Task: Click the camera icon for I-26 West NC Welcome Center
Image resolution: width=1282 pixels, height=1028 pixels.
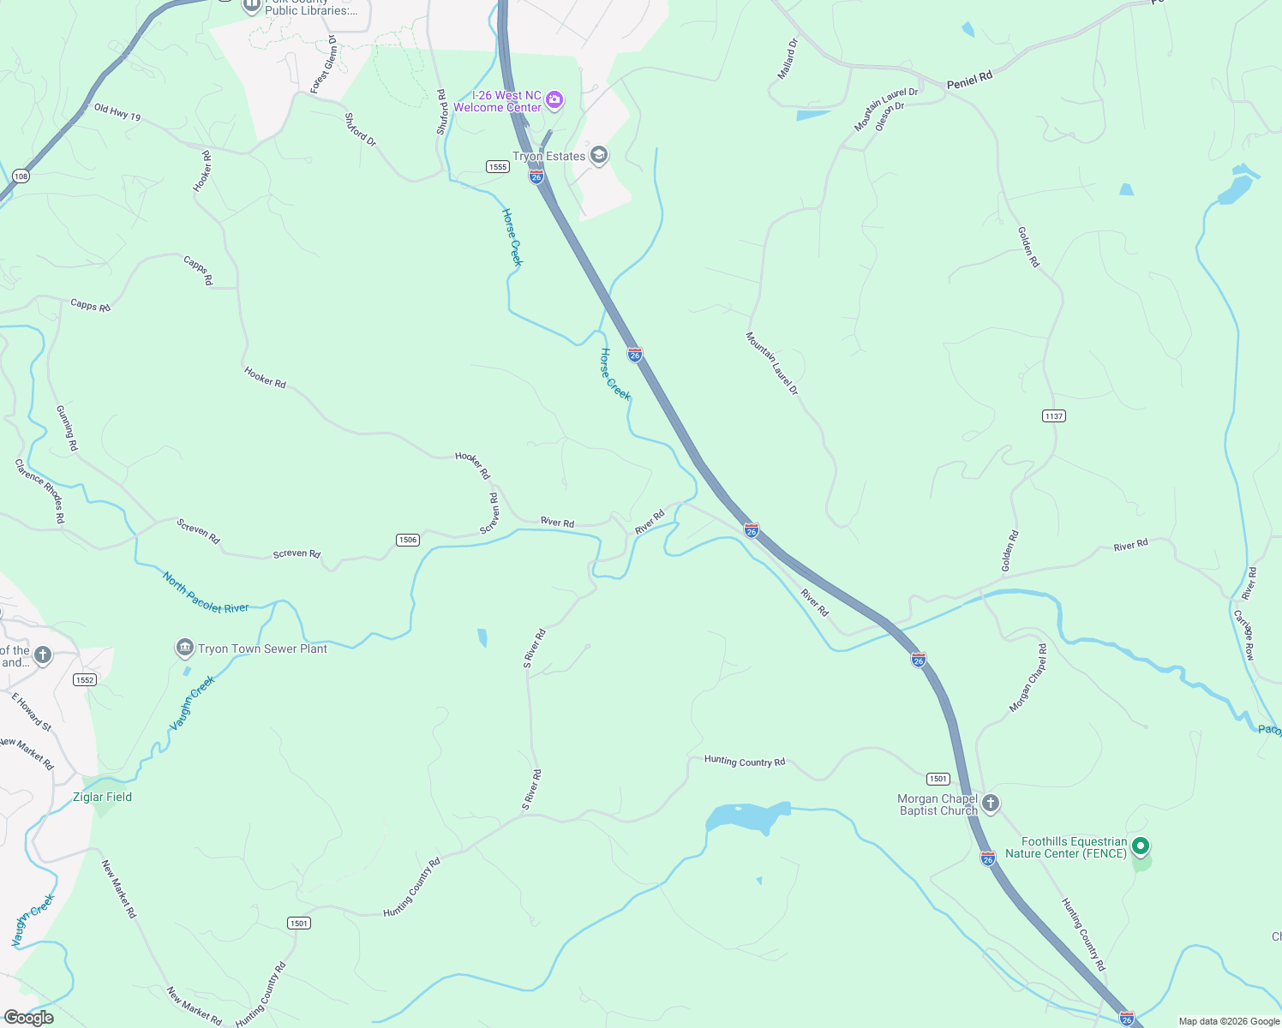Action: pyautogui.click(x=554, y=100)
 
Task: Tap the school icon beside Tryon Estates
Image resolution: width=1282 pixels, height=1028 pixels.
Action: pyautogui.click(x=599, y=155)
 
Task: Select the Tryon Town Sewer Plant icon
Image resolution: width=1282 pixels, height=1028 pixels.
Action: pyautogui.click(x=184, y=648)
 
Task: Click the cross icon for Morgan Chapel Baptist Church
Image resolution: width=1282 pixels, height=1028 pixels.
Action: pyautogui.click(x=991, y=804)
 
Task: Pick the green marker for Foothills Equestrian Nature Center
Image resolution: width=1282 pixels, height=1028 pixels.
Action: pyautogui.click(x=1140, y=846)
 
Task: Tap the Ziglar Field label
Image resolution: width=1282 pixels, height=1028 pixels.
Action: pyautogui.click(x=102, y=797)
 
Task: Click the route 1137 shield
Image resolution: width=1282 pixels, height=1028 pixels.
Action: pyautogui.click(x=1054, y=416)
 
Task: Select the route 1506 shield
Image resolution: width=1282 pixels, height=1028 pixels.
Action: pyautogui.click(x=408, y=540)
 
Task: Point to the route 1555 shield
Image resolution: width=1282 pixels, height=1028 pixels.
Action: pyautogui.click(x=498, y=166)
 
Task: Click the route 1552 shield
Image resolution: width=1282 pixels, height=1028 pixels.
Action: pyautogui.click(x=84, y=680)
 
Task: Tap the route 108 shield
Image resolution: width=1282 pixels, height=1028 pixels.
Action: pyautogui.click(x=21, y=176)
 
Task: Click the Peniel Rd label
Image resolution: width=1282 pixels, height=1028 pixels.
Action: pyautogui.click(x=969, y=81)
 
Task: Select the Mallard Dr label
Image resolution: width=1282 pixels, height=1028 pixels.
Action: pyautogui.click(x=787, y=59)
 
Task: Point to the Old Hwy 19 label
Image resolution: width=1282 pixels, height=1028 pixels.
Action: pyautogui.click(x=117, y=112)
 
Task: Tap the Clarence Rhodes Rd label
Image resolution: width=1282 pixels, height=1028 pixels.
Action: pyautogui.click(x=39, y=491)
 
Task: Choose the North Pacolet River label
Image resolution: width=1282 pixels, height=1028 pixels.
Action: pyautogui.click(x=206, y=594)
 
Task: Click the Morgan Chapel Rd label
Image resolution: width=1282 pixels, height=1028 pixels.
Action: pyautogui.click(x=1027, y=678)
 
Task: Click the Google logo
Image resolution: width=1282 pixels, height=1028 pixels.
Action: pyautogui.click(x=28, y=1017)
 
